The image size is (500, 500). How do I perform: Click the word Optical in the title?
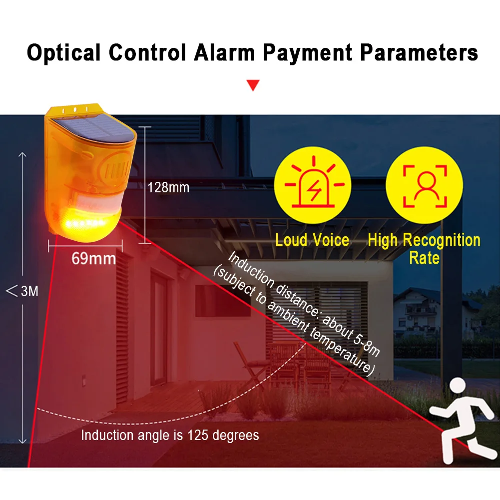coord(64,52)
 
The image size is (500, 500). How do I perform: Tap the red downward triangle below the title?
coord(253,85)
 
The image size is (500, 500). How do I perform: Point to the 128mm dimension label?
coord(168,187)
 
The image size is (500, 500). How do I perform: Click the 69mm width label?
coord(94,258)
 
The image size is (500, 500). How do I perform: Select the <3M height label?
coord(22,291)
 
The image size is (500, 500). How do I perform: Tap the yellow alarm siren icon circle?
coord(313,185)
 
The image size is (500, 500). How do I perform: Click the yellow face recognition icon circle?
coord(425,185)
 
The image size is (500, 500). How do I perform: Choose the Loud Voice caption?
coord(312,240)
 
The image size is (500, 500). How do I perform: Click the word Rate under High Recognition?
coord(425,258)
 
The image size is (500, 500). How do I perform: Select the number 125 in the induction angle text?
coord(198,435)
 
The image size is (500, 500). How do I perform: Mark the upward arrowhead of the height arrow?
coord(22,155)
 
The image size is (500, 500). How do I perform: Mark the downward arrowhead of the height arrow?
coord(22,441)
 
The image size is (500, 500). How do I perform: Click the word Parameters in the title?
coord(419,52)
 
